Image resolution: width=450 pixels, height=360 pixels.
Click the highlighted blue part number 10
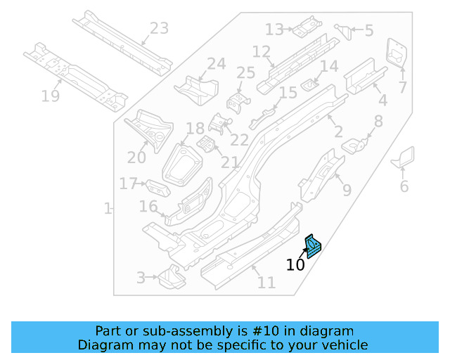click(x=311, y=247)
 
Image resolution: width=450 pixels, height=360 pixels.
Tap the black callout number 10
click(x=295, y=265)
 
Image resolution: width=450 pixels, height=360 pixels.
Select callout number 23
click(x=159, y=29)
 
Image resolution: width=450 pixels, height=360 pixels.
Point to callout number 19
click(x=50, y=96)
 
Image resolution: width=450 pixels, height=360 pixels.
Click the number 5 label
click(x=368, y=30)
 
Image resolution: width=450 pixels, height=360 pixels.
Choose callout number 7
click(x=403, y=87)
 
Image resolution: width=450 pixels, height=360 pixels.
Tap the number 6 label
click(x=404, y=186)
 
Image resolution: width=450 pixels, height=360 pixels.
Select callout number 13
click(x=274, y=30)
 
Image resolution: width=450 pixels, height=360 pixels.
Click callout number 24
click(x=216, y=64)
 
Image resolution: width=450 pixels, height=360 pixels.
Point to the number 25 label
click(x=245, y=73)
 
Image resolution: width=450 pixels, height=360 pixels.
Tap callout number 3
click(x=141, y=278)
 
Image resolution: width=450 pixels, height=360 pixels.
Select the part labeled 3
click(x=169, y=279)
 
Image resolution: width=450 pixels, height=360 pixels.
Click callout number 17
click(x=128, y=184)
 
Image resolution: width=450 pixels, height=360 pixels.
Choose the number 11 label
click(x=266, y=283)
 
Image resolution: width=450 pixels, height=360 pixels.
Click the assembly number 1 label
click(x=108, y=209)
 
